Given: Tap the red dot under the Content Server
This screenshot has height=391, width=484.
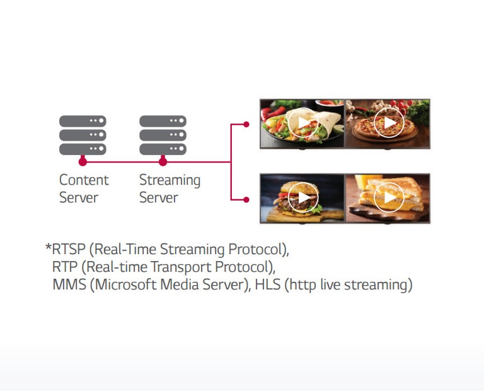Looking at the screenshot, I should click(x=83, y=162).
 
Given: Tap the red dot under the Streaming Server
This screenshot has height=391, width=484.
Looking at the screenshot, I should click(x=163, y=162).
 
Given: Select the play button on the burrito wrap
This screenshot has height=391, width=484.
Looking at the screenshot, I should click(x=304, y=124).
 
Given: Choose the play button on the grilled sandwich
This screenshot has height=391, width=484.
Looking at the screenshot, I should click(x=389, y=198).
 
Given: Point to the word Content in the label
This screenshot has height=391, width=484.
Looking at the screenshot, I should click(x=84, y=180).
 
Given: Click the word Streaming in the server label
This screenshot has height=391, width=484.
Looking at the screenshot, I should click(x=170, y=180).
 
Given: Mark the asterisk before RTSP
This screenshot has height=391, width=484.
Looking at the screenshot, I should click(x=48, y=247).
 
